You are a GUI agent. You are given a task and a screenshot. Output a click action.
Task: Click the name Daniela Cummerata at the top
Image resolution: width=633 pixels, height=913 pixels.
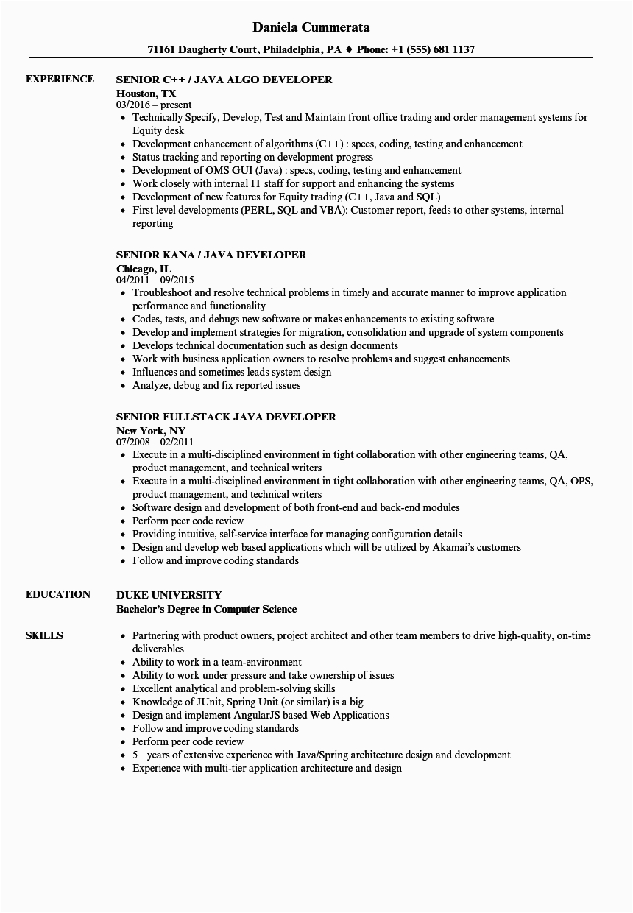(311, 27)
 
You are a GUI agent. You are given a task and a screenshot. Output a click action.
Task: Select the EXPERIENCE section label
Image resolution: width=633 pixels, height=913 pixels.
(60, 79)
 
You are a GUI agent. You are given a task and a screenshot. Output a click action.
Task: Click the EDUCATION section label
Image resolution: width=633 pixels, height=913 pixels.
(58, 594)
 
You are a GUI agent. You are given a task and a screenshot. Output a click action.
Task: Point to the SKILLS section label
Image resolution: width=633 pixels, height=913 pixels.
(44, 635)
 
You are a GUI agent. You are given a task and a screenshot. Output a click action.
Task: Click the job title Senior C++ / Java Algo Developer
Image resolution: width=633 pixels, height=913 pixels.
(224, 80)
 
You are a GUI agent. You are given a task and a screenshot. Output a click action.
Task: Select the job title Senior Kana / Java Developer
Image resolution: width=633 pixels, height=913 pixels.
(211, 255)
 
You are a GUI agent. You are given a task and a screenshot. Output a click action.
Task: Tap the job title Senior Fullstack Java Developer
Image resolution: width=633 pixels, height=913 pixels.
(226, 417)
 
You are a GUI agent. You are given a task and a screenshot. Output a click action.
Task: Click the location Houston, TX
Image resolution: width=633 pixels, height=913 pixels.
(146, 93)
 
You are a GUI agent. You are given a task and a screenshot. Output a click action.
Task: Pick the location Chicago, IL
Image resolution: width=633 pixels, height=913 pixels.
(144, 268)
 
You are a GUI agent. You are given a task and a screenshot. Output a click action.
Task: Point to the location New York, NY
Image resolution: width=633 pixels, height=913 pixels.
(151, 430)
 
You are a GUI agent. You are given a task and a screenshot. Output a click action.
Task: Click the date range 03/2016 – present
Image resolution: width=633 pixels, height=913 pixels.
(154, 105)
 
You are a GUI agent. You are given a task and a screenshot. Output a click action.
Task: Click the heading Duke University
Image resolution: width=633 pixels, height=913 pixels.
(169, 595)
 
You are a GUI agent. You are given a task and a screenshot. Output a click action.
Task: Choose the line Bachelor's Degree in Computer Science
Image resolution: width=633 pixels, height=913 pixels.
(207, 609)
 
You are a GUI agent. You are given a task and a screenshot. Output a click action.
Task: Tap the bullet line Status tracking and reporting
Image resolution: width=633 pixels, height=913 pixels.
(252, 157)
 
